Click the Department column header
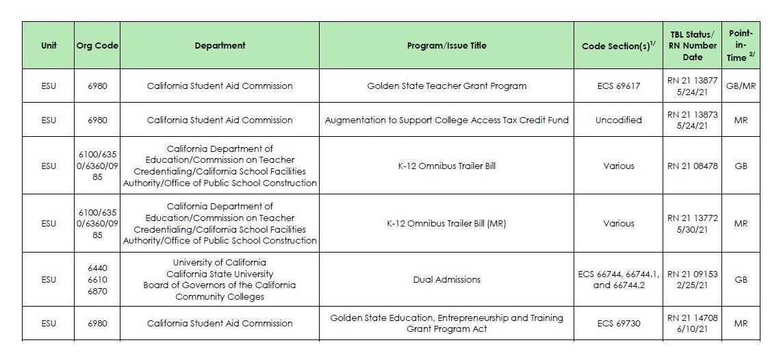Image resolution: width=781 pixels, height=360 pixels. coord(220,46)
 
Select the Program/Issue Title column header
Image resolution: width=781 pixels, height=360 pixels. coord(446,46)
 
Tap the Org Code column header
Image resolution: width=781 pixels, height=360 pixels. coord(97,46)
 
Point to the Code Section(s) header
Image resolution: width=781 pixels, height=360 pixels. coord(618,46)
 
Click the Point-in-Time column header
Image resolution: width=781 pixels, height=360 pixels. coord(740,46)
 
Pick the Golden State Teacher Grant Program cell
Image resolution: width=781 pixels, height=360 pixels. coord(446,86)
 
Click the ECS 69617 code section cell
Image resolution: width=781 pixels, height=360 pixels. coord(618,86)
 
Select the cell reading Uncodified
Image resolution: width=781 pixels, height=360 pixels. coord(618,120)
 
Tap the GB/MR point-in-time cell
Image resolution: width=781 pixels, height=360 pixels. coord(740,86)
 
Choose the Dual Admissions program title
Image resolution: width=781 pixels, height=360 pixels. coord(446,279)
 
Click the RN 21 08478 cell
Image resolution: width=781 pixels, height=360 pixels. coord(692,166)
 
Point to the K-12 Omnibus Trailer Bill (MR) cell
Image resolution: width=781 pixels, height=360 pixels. coord(446,224)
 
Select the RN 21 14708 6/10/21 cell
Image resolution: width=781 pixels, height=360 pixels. coord(692,323)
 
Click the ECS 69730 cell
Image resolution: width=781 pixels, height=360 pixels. coord(618,323)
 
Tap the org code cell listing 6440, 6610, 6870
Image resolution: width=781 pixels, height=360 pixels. coord(97,279)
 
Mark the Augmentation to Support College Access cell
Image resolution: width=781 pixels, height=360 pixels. coord(446,120)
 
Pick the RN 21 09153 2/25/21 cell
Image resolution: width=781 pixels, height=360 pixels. coord(692,279)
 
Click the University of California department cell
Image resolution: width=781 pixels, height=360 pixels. coord(220,279)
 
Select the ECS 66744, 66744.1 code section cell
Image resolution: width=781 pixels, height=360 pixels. coord(618,279)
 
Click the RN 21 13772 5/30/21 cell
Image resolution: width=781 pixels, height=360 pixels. coord(692,224)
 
